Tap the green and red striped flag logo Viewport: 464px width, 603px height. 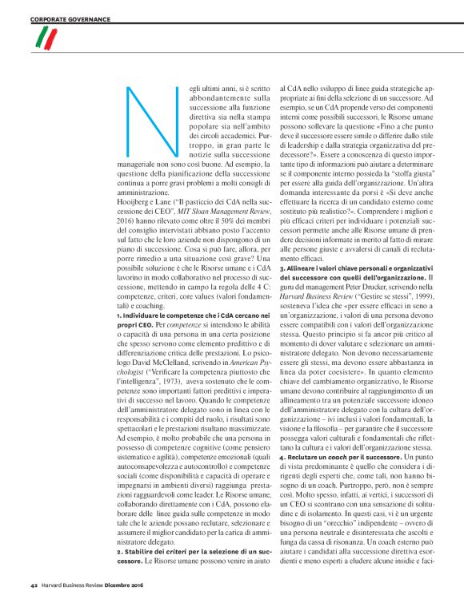[x=49, y=38]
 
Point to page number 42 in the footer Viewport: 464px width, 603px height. [x=34, y=589]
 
